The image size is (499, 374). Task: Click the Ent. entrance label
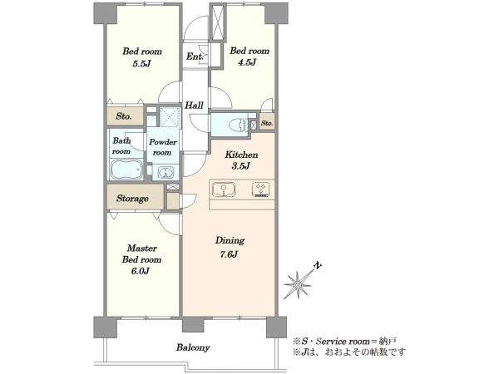tap(195, 57)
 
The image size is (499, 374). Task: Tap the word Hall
tap(194, 106)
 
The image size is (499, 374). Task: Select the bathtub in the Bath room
tap(126, 169)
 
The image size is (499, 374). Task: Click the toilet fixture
tap(238, 124)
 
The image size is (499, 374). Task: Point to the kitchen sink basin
tap(224, 189)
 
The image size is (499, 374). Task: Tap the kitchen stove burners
tap(261, 189)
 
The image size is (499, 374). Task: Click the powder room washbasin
tap(166, 173)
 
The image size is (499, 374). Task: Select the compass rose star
tap(298, 285)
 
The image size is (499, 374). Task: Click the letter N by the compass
tap(317, 265)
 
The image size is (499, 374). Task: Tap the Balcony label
tap(193, 347)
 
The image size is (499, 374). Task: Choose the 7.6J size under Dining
tap(230, 254)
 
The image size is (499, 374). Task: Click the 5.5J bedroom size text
tap(141, 64)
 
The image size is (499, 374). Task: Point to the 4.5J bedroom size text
tap(247, 62)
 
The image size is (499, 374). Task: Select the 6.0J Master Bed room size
tap(141, 271)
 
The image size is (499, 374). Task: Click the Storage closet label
tap(132, 199)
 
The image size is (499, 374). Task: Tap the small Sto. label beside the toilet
tap(267, 123)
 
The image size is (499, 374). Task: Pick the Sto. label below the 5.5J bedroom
tap(124, 116)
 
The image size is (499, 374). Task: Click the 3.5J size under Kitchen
tap(241, 165)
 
